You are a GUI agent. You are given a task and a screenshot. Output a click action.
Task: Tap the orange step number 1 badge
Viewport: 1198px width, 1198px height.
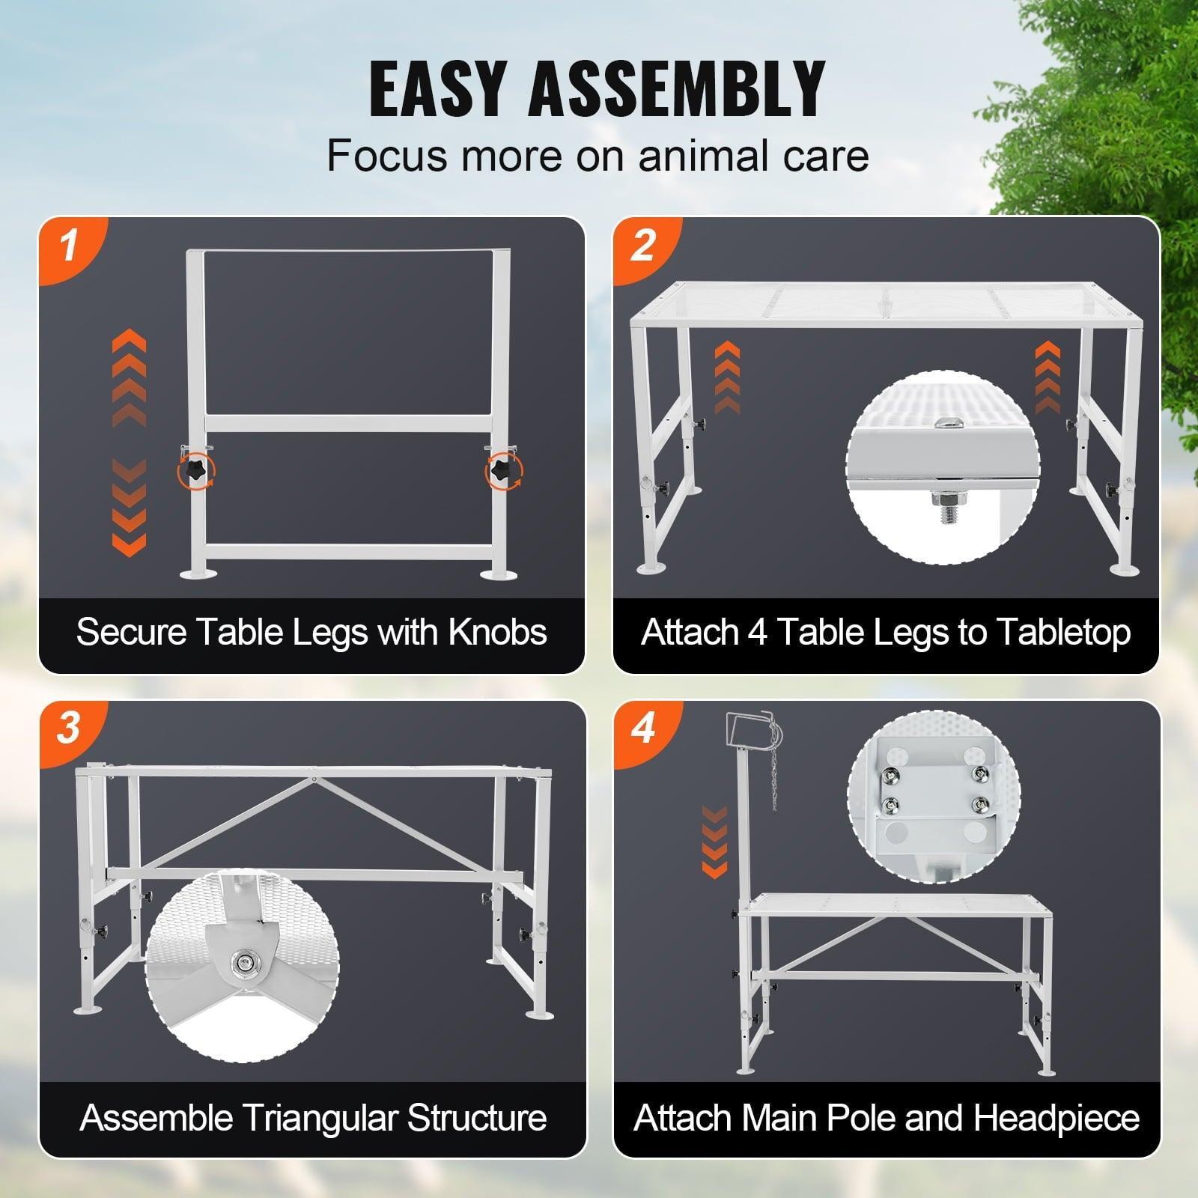point(69,246)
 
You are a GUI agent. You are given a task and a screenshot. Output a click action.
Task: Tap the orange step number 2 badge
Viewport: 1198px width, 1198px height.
point(643,246)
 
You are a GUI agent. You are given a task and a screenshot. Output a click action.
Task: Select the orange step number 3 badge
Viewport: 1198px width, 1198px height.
point(69,728)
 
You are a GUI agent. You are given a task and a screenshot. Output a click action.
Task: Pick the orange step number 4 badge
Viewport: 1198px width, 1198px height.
point(643,728)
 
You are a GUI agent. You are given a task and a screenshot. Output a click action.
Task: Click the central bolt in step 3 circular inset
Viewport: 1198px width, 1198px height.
point(242,963)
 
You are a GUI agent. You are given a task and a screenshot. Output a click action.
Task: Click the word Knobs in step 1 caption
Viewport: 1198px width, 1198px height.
point(497,632)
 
